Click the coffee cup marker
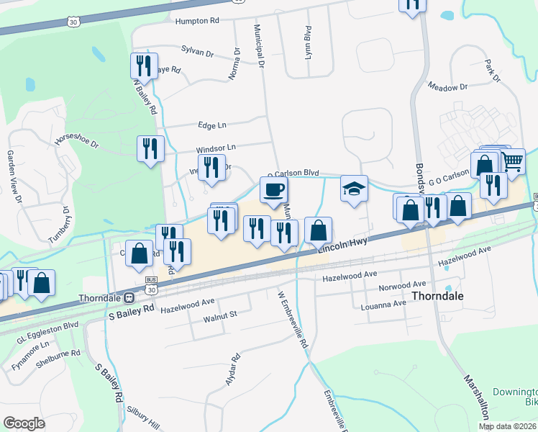(273, 191)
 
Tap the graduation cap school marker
(354, 189)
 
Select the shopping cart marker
(511, 163)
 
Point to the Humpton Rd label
(197, 21)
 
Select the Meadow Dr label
(447, 87)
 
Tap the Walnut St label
(220, 315)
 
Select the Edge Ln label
(212, 125)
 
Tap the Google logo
(24, 423)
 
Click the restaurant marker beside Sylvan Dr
(142, 66)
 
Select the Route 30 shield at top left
(74, 23)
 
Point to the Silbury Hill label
(144, 418)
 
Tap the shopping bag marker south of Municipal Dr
(318, 231)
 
